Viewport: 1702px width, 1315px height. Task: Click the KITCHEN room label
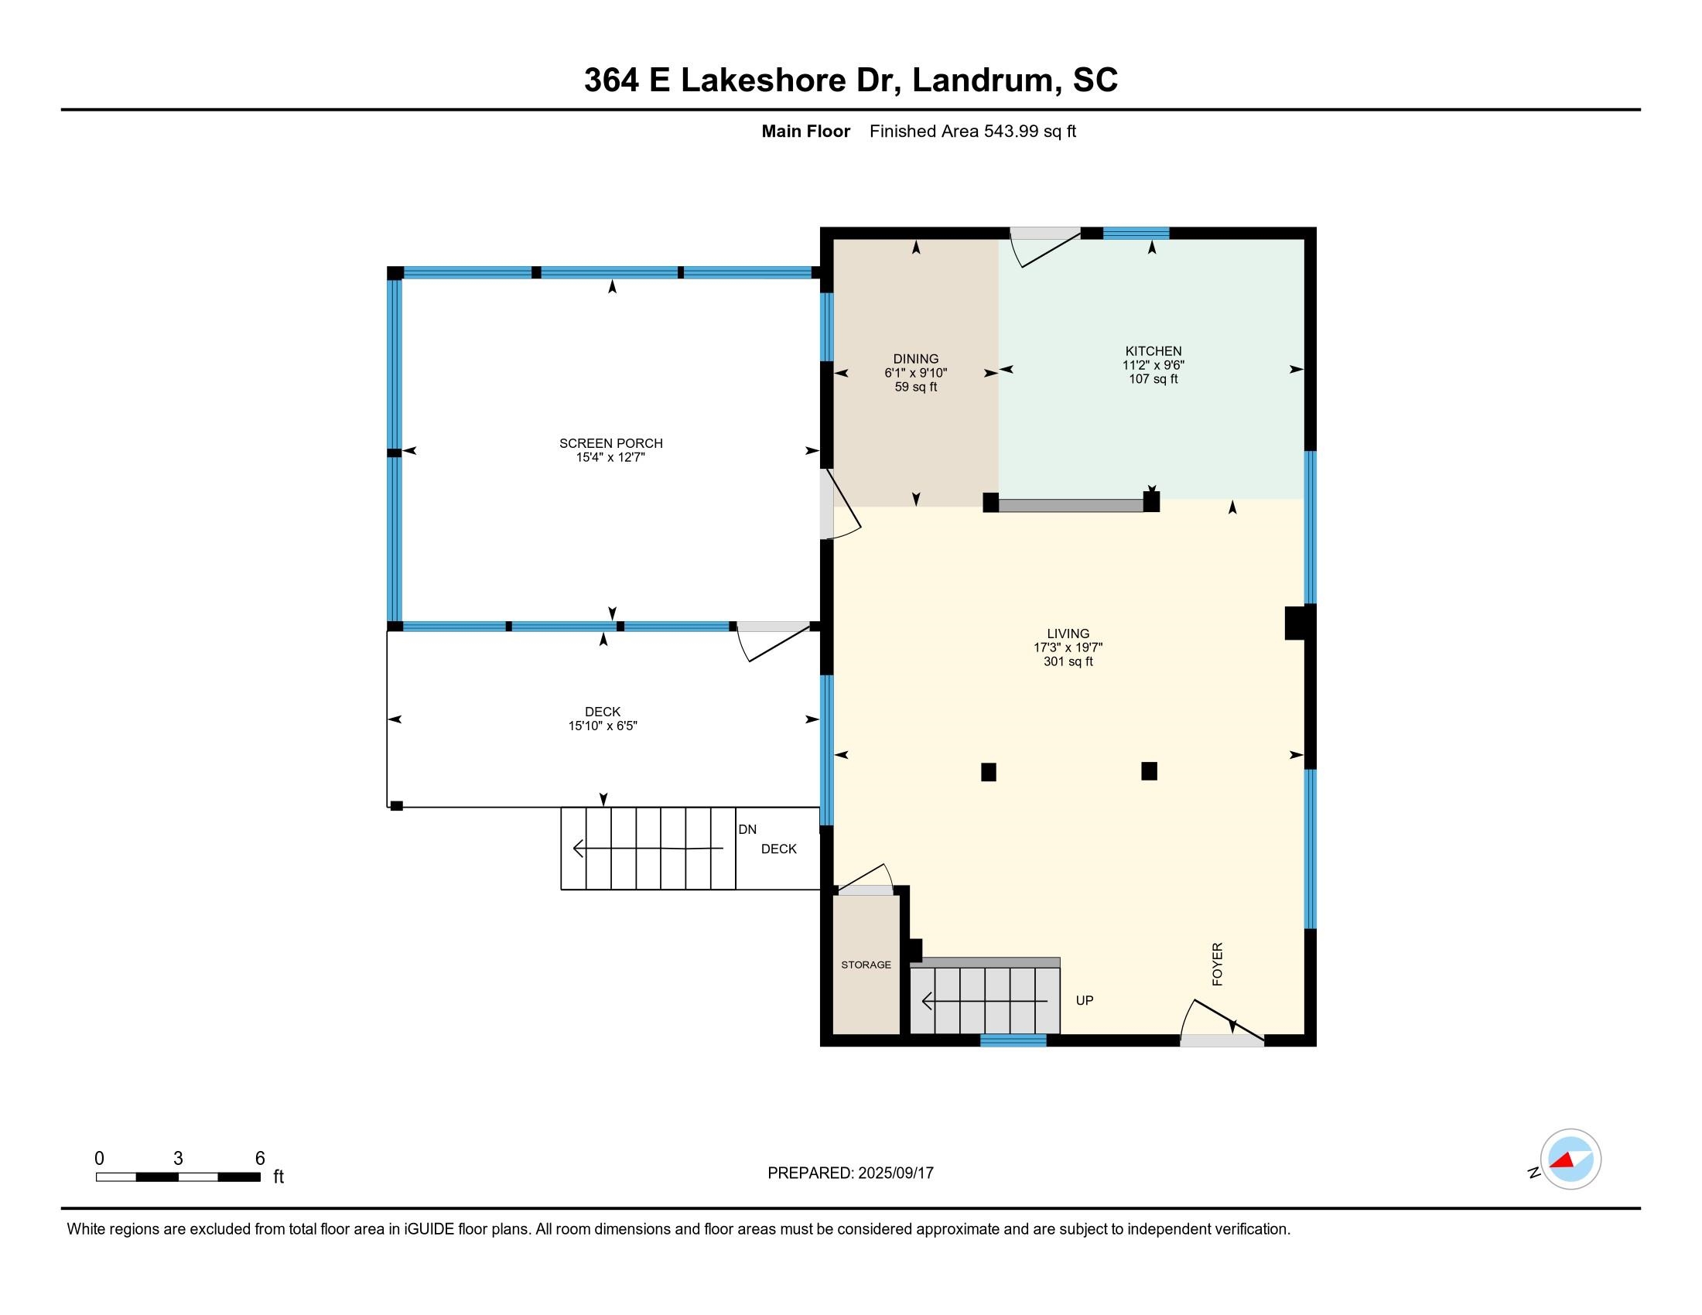point(1153,351)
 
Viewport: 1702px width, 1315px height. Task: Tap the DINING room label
point(916,359)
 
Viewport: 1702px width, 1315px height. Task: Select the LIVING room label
point(1068,634)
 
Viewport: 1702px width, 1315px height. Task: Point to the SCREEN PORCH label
point(611,443)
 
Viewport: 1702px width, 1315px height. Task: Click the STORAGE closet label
point(866,965)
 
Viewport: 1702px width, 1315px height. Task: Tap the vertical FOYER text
point(1217,964)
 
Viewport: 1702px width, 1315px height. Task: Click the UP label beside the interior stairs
point(1085,1000)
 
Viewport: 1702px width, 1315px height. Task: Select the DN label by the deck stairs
point(747,830)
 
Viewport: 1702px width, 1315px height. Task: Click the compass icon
point(1570,1159)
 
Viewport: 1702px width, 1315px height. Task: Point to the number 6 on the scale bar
point(260,1159)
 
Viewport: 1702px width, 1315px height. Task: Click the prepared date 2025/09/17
point(895,1173)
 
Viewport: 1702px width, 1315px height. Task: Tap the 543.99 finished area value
point(1012,131)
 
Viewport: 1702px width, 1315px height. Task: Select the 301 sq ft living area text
point(1068,661)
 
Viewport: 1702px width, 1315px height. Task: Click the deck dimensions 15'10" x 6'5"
point(603,726)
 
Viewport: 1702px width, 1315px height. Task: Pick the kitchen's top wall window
point(1136,232)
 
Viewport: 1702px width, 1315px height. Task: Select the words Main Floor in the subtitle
point(806,131)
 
